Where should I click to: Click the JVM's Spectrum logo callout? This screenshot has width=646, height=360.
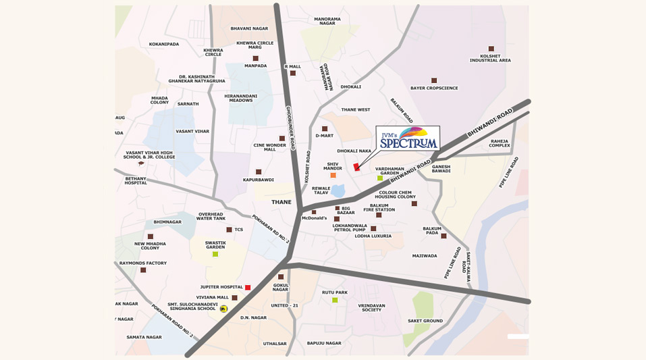pyautogui.click(x=408, y=138)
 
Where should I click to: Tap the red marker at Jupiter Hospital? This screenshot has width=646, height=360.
pyautogui.click(x=248, y=288)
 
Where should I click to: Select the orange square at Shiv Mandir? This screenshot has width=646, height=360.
pyautogui.click(x=333, y=175)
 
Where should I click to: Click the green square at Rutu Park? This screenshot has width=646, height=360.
pyautogui.click(x=335, y=300)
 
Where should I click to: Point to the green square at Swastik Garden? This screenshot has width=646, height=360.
pyautogui.click(x=215, y=254)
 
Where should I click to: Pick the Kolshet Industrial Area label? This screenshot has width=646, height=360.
pyautogui.click(x=490, y=58)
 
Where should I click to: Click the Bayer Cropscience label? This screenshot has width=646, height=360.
pyautogui.click(x=434, y=88)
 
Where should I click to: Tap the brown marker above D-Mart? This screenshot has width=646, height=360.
pyautogui.click(x=325, y=128)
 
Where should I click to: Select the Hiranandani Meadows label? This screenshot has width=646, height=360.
pyautogui.click(x=241, y=99)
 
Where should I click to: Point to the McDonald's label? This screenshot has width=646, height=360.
pyautogui.click(x=314, y=218)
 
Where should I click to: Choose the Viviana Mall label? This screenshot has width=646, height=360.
pyautogui.click(x=213, y=297)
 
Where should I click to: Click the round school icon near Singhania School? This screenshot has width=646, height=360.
pyautogui.click(x=224, y=309)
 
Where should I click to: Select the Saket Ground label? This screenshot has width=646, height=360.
pyautogui.click(x=425, y=321)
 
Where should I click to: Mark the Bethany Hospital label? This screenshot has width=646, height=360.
pyautogui.click(x=136, y=180)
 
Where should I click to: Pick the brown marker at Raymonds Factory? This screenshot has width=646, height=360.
pyautogui.click(x=143, y=270)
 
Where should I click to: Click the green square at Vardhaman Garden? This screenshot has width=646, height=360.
pyautogui.click(x=380, y=178)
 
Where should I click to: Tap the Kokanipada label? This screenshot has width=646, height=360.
pyautogui.click(x=164, y=44)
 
